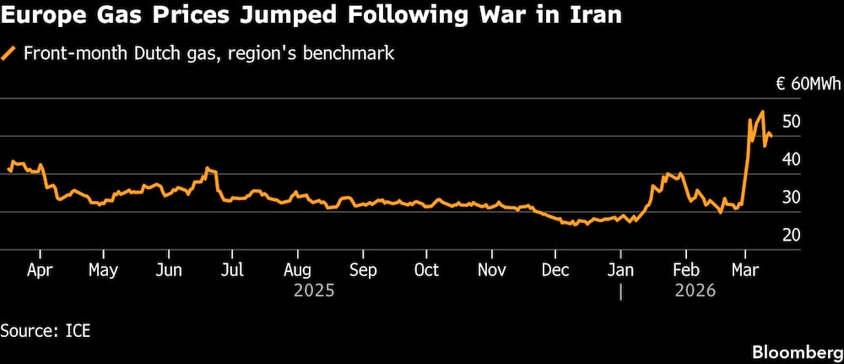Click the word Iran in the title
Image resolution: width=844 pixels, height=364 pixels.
tap(596, 17)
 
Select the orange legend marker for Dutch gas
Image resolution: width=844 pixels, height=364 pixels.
tap(9, 54)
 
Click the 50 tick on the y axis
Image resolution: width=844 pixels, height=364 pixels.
tap(791, 122)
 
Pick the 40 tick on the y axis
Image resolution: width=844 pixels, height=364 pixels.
tap(791, 160)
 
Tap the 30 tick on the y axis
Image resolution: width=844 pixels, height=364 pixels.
tap(791, 198)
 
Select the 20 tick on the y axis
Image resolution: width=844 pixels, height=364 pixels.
tap(791, 235)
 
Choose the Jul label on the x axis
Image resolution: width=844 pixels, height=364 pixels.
tap(232, 270)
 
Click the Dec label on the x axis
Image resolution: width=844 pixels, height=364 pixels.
tap(555, 270)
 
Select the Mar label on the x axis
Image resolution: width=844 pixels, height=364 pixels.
tap(744, 270)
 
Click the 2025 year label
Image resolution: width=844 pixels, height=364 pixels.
tap(314, 291)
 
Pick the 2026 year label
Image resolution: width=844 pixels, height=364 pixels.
tap(695, 291)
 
